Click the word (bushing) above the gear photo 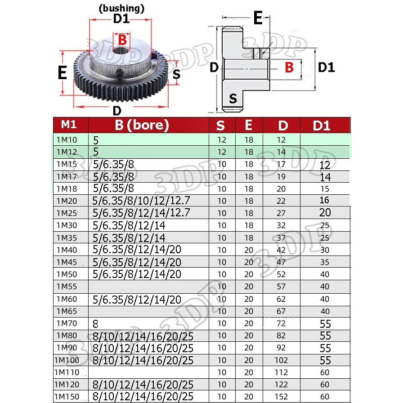[x=121, y=8]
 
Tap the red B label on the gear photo [x=122, y=40]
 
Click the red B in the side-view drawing [x=289, y=67]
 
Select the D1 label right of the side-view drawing [x=326, y=67]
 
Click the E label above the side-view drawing [x=257, y=18]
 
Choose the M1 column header [x=70, y=124]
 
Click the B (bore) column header [x=141, y=125]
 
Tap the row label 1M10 [x=67, y=140]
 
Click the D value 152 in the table [x=282, y=397]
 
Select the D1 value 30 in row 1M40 [x=325, y=250]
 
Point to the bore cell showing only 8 [x=95, y=323]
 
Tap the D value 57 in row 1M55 [x=282, y=287]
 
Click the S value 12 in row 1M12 [x=222, y=152]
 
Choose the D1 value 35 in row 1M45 [x=325, y=262]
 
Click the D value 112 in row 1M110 [x=282, y=372]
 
